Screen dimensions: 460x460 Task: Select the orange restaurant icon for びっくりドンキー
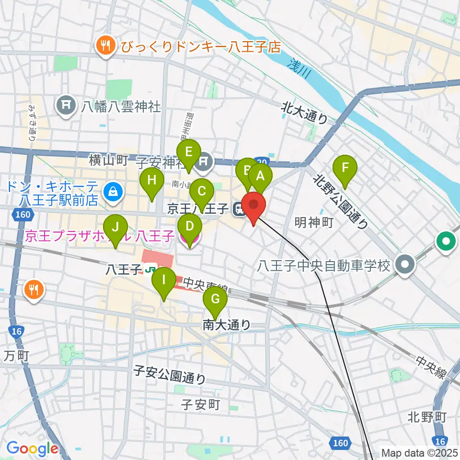(x=105, y=46)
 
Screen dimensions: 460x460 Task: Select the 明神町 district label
(x=313, y=222)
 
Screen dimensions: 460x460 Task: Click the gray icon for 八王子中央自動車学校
(x=406, y=265)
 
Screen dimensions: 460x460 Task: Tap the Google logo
(x=32, y=448)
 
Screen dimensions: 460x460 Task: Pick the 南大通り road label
(x=226, y=325)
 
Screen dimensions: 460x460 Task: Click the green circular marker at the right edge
(x=446, y=241)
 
